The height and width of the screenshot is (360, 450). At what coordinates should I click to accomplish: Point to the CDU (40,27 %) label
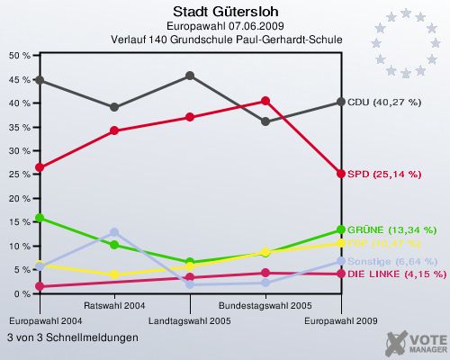click(384, 102)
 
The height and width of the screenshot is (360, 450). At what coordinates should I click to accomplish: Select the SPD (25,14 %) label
click(383, 174)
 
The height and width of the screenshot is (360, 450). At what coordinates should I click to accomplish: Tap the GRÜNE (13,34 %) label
click(391, 229)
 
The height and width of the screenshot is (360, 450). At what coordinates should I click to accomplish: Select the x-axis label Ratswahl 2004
click(114, 306)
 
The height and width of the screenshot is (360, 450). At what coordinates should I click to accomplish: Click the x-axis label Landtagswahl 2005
click(190, 320)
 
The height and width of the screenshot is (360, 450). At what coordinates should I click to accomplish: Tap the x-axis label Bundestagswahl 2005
click(265, 306)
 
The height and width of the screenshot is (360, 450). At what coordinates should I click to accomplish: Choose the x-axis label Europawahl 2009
click(341, 320)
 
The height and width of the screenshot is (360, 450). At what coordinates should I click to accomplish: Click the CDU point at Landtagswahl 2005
click(190, 76)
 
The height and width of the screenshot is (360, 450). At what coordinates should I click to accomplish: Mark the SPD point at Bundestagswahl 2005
click(265, 101)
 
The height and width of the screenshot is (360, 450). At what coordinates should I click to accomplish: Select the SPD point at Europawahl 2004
click(39, 167)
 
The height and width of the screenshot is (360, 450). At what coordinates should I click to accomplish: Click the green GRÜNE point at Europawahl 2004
click(39, 218)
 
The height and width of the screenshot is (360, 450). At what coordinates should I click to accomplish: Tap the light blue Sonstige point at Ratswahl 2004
click(114, 232)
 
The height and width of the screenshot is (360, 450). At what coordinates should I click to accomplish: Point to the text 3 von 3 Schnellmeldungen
click(73, 337)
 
